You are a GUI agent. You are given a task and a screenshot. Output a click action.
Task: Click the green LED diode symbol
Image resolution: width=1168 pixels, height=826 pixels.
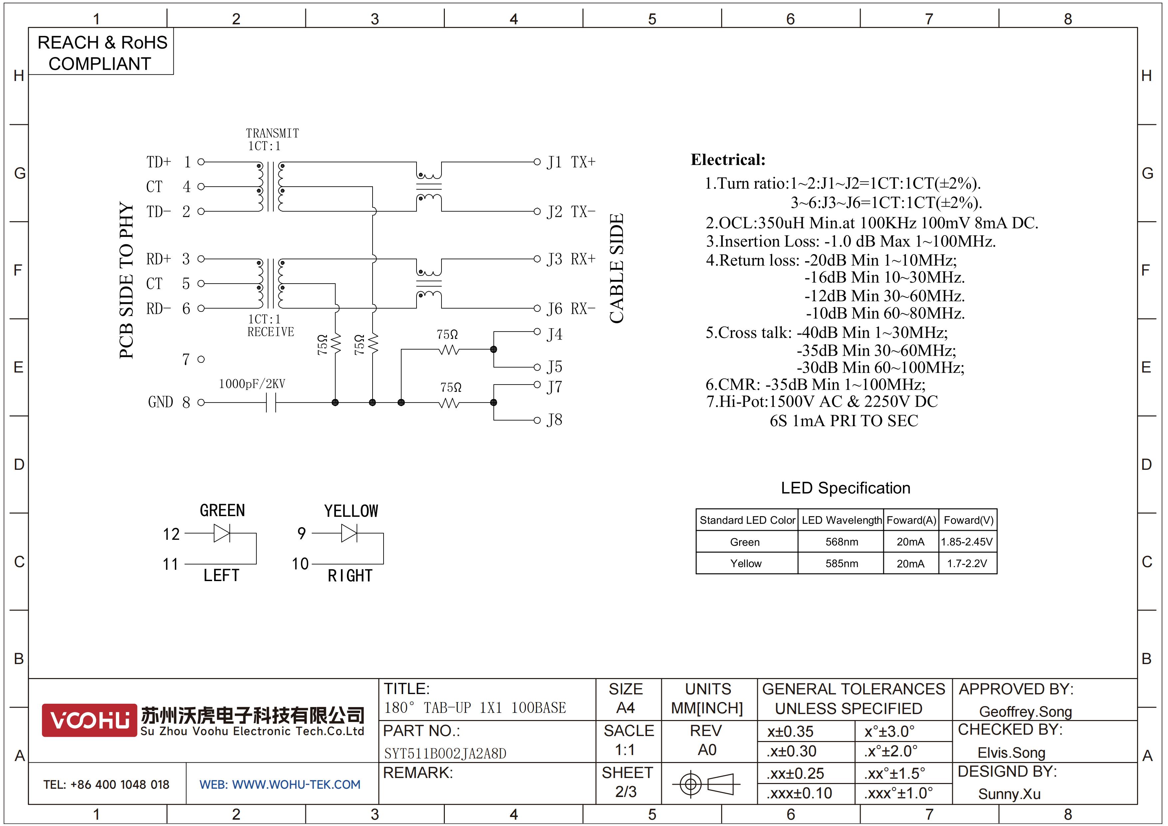click(222, 533)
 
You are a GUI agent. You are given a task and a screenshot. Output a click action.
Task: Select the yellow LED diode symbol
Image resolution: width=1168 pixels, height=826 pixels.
click(349, 533)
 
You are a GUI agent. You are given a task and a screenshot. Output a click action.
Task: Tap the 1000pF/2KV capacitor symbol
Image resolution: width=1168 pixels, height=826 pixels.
click(271, 403)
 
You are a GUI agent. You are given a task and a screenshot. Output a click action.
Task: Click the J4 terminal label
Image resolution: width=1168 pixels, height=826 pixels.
click(554, 335)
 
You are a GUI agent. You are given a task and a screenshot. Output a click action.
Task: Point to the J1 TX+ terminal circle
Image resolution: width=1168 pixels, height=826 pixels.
click(537, 162)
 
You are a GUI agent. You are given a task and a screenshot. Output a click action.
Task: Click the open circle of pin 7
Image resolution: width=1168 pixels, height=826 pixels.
click(201, 359)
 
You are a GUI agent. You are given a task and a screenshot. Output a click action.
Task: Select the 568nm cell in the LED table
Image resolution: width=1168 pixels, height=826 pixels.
click(841, 542)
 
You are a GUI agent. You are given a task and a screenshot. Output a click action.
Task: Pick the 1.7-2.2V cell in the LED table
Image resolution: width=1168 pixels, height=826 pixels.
click(967, 563)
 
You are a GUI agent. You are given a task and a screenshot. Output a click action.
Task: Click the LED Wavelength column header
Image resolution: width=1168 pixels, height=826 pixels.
click(841, 520)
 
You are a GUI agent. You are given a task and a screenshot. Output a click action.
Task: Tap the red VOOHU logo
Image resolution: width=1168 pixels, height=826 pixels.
click(90, 720)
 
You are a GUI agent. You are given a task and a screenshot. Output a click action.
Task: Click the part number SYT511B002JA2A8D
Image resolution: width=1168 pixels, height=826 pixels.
click(445, 753)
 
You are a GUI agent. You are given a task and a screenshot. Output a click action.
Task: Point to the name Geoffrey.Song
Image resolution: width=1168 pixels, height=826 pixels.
click(1025, 711)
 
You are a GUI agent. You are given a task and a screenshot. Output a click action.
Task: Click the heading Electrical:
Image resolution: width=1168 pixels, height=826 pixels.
click(728, 160)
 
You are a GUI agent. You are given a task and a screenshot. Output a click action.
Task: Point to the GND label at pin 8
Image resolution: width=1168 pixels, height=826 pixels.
click(161, 402)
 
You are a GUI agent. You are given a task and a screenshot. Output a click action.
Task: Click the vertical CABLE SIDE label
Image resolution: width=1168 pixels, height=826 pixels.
click(617, 268)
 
